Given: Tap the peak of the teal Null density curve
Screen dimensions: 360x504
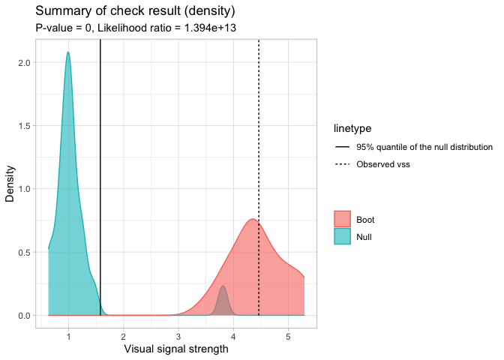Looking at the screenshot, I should [x=68, y=53].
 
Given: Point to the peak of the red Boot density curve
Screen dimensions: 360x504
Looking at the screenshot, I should [x=253, y=220].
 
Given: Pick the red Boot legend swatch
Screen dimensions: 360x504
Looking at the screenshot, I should [x=343, y=220].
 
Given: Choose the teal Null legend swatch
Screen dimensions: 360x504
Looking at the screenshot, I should [x=343, y=236].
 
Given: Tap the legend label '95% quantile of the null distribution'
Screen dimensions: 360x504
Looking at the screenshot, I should [x=424, y=147].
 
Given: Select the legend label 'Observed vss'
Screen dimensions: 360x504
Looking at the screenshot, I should [x=382, y=163].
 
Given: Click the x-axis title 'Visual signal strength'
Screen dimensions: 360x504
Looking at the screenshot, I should [x=176, y=349].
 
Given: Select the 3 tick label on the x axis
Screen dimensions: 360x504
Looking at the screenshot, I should [x=178, y=335].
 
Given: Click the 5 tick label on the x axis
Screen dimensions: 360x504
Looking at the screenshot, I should [x=288, y=335].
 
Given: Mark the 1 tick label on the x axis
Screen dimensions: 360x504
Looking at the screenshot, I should [x=68, y=335].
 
